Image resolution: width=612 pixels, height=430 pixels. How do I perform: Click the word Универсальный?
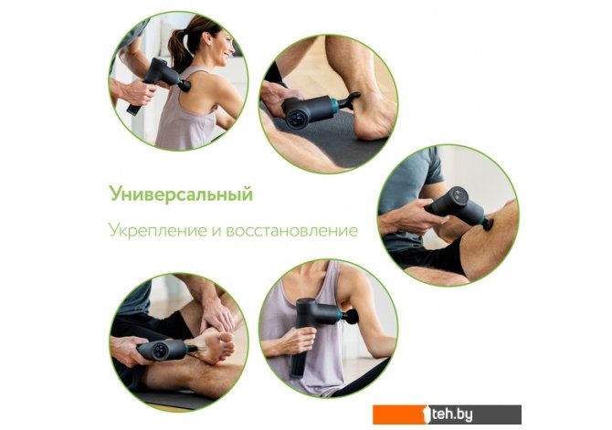click(x=181, y=194)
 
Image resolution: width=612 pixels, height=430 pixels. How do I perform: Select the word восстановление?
click(x=292, y=231)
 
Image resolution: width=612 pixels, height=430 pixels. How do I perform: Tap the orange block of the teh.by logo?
click(x=401, y=414)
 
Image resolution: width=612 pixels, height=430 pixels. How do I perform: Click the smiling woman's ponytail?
click(x=177, y=48)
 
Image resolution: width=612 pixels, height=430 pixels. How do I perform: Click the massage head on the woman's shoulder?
click(x=185, y=86)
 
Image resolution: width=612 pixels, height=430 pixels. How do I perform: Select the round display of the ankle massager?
click(x=296, y=117)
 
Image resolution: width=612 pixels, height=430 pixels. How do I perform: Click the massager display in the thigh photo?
click(x=459, y=194)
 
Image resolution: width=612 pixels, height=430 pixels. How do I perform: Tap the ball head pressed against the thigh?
click(x=488, y=225)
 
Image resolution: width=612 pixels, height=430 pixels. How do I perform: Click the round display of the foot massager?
click(x=161, y=350)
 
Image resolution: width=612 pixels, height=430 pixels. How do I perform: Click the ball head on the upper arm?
click(x=352, y=317)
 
